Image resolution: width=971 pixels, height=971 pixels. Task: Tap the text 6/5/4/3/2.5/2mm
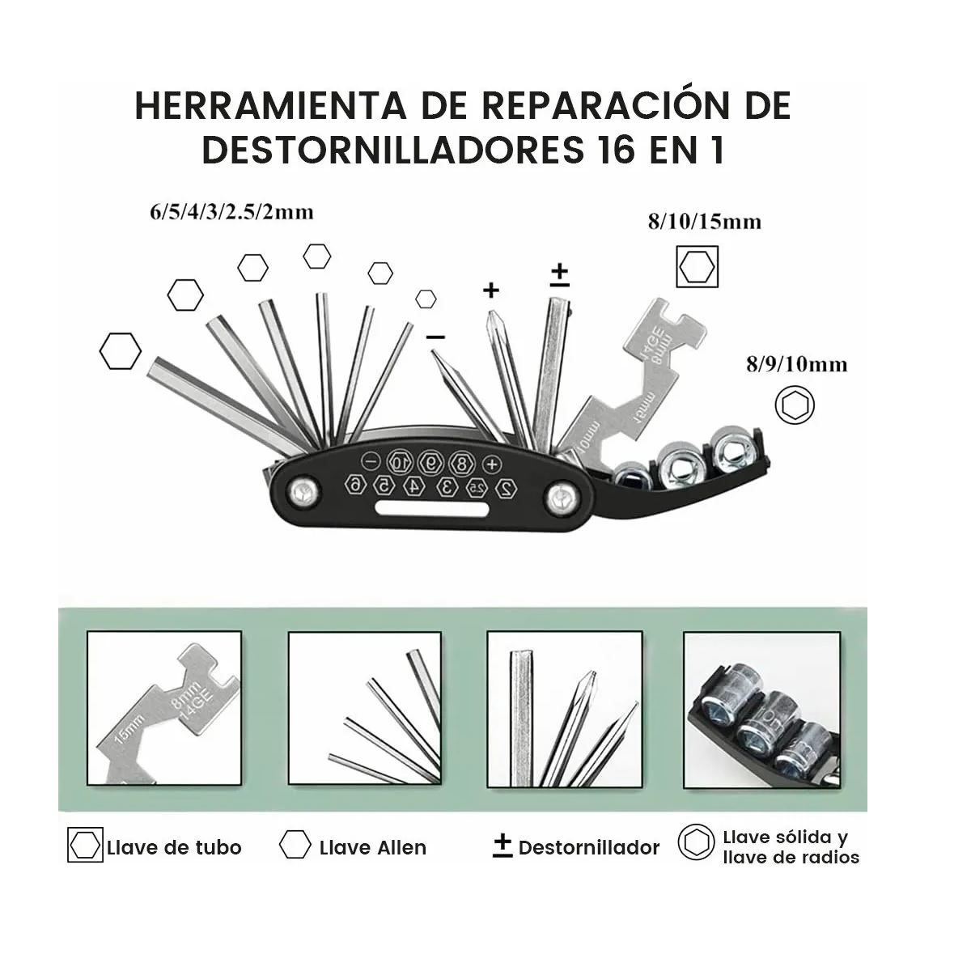pyautogui.click(x=231, y=212)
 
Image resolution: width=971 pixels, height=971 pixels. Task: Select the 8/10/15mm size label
pyautogui.click(x=704, y=221)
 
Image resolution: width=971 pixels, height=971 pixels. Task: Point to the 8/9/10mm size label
pyautogui.click(x=796, y=364)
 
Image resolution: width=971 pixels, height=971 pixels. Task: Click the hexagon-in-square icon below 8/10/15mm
pyautogui.click(x=698, y=267)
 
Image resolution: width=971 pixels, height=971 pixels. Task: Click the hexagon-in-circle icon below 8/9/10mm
pyautogui.click(x=795, y=405)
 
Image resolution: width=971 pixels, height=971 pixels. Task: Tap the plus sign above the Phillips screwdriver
pyautogui.click(x=490, y=290)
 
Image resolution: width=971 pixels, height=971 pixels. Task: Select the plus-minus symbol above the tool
pyautogui.click(x=559, y=275)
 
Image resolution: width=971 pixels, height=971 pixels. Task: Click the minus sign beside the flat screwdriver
pyautogui.click(x=435, y=336)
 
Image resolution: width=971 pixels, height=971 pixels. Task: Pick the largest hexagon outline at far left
pyautogui.click(x=121, y=351)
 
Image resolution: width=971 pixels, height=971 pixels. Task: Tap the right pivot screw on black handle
pyautogui.click(x=560, y=498)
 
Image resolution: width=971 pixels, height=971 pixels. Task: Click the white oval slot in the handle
pyautogui.click(x=432, y=510)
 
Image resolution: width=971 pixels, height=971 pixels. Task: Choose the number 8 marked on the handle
pyautogui.click(x=461, y=464)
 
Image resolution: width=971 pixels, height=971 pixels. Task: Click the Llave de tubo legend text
pyautogui.click(x=174, y=847)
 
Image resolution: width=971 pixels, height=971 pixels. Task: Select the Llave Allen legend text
pyautogui.click(x=372, y=847)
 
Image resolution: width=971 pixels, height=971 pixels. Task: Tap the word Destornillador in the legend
pyautogui.click(x=589, y=847)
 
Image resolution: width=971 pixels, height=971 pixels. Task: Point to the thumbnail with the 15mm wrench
pyautogui.click(x=164, y=710)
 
